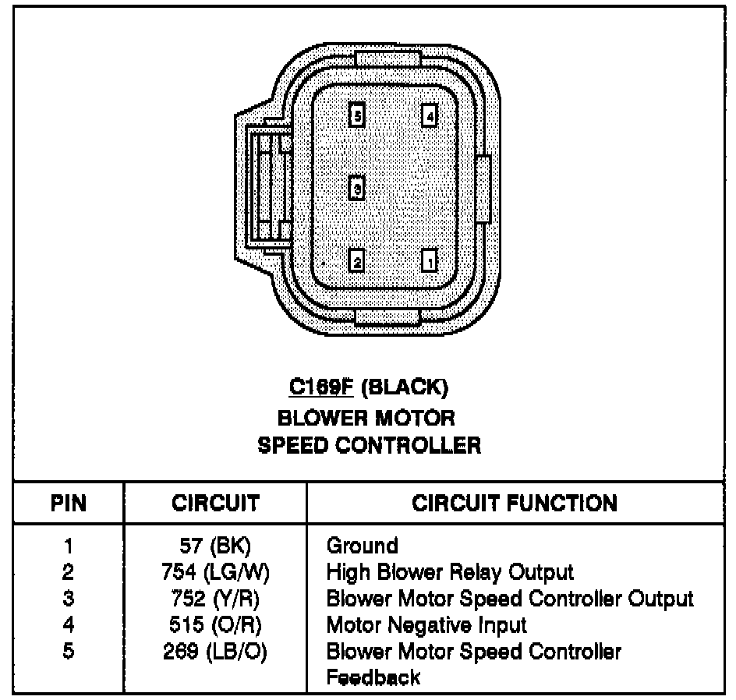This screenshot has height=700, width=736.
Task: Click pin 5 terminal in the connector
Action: [356, 116]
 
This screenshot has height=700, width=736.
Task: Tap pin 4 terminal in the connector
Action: [429, 116]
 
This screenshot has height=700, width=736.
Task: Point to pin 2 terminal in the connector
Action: [356, 260]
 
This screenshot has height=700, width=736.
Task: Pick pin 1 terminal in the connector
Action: [429, 260]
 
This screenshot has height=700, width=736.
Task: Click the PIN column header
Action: [69, 504]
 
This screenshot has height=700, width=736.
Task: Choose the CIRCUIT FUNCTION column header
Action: [515, 504]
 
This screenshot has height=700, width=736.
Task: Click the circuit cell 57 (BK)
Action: [215, 545]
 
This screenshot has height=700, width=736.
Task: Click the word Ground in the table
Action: [362, 545]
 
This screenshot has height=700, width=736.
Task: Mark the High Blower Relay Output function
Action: [450, 573]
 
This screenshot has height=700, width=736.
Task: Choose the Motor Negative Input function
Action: [426, 624]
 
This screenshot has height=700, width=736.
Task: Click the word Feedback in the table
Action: [373, 677]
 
